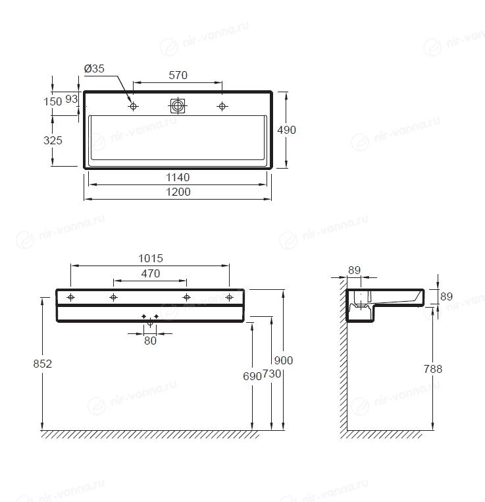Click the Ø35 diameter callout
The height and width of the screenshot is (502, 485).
[x=94, y=69]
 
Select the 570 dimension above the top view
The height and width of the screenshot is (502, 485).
[x=178, y=75]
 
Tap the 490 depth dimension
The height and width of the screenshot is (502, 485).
[x=286, y=130]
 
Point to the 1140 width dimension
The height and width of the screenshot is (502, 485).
[x=178, y=177]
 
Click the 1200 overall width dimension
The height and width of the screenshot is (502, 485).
[x=178, y=192]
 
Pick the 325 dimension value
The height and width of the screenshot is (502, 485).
[x=53, y=140]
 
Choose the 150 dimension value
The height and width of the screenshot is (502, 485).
[x=53, y=101]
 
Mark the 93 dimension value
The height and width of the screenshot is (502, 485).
[x=72, y=99]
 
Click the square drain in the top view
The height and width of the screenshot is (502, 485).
[x=178, y=106]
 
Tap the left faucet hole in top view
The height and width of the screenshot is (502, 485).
[x=134, y=106]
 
